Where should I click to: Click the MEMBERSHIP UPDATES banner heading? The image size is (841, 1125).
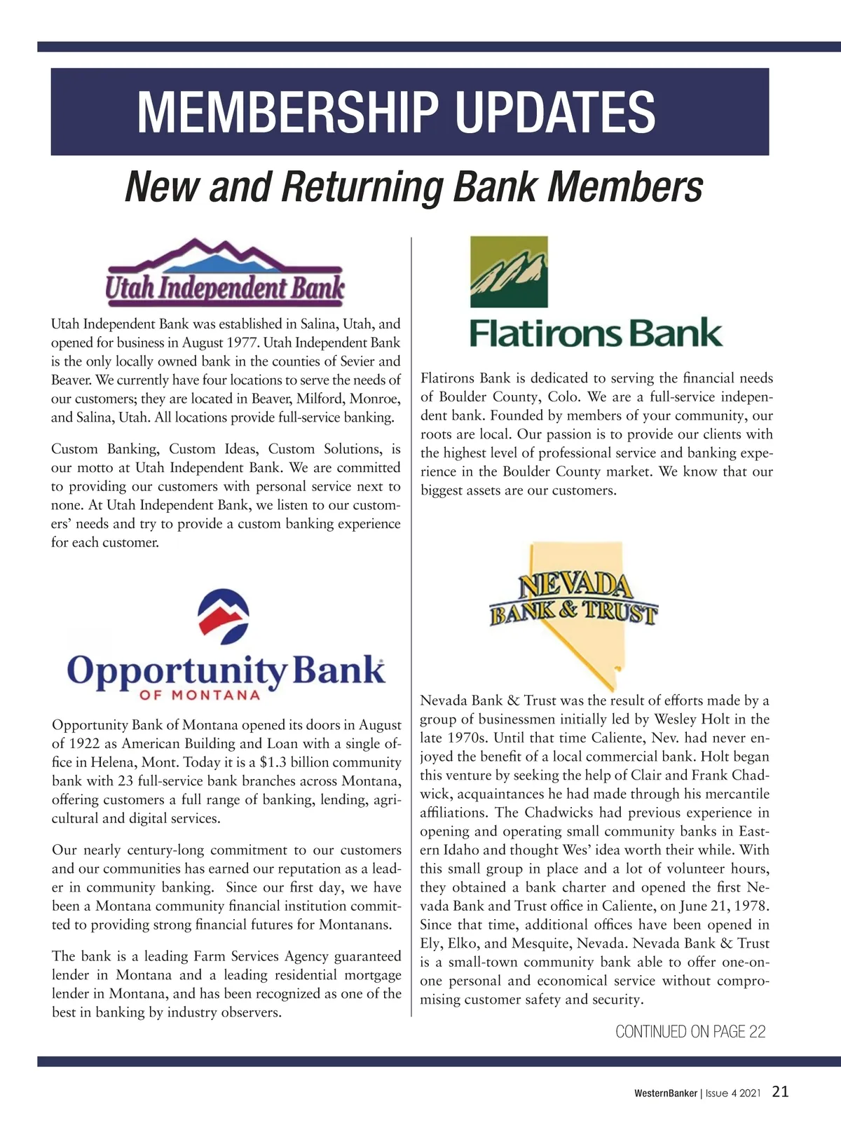coord(396,112)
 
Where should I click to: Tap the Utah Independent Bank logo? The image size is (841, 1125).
coord(225,273)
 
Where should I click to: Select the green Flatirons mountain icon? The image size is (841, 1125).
coord(509,272)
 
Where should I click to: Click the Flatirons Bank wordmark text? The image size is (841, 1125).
coord(596,333)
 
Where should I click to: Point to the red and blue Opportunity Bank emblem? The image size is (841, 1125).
coord(224,616)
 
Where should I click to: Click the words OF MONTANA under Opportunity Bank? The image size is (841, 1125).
coord(200,696)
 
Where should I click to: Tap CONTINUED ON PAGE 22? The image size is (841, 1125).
coord(690,1031)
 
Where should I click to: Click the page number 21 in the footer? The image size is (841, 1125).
coord(781,1091)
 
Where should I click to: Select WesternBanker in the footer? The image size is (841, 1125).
coord(665,1093)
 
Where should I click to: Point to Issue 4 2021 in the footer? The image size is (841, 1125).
coord(732,1093)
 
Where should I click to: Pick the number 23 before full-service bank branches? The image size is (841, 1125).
coord(117,781)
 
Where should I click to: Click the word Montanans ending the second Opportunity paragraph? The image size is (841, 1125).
coord(354,925)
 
